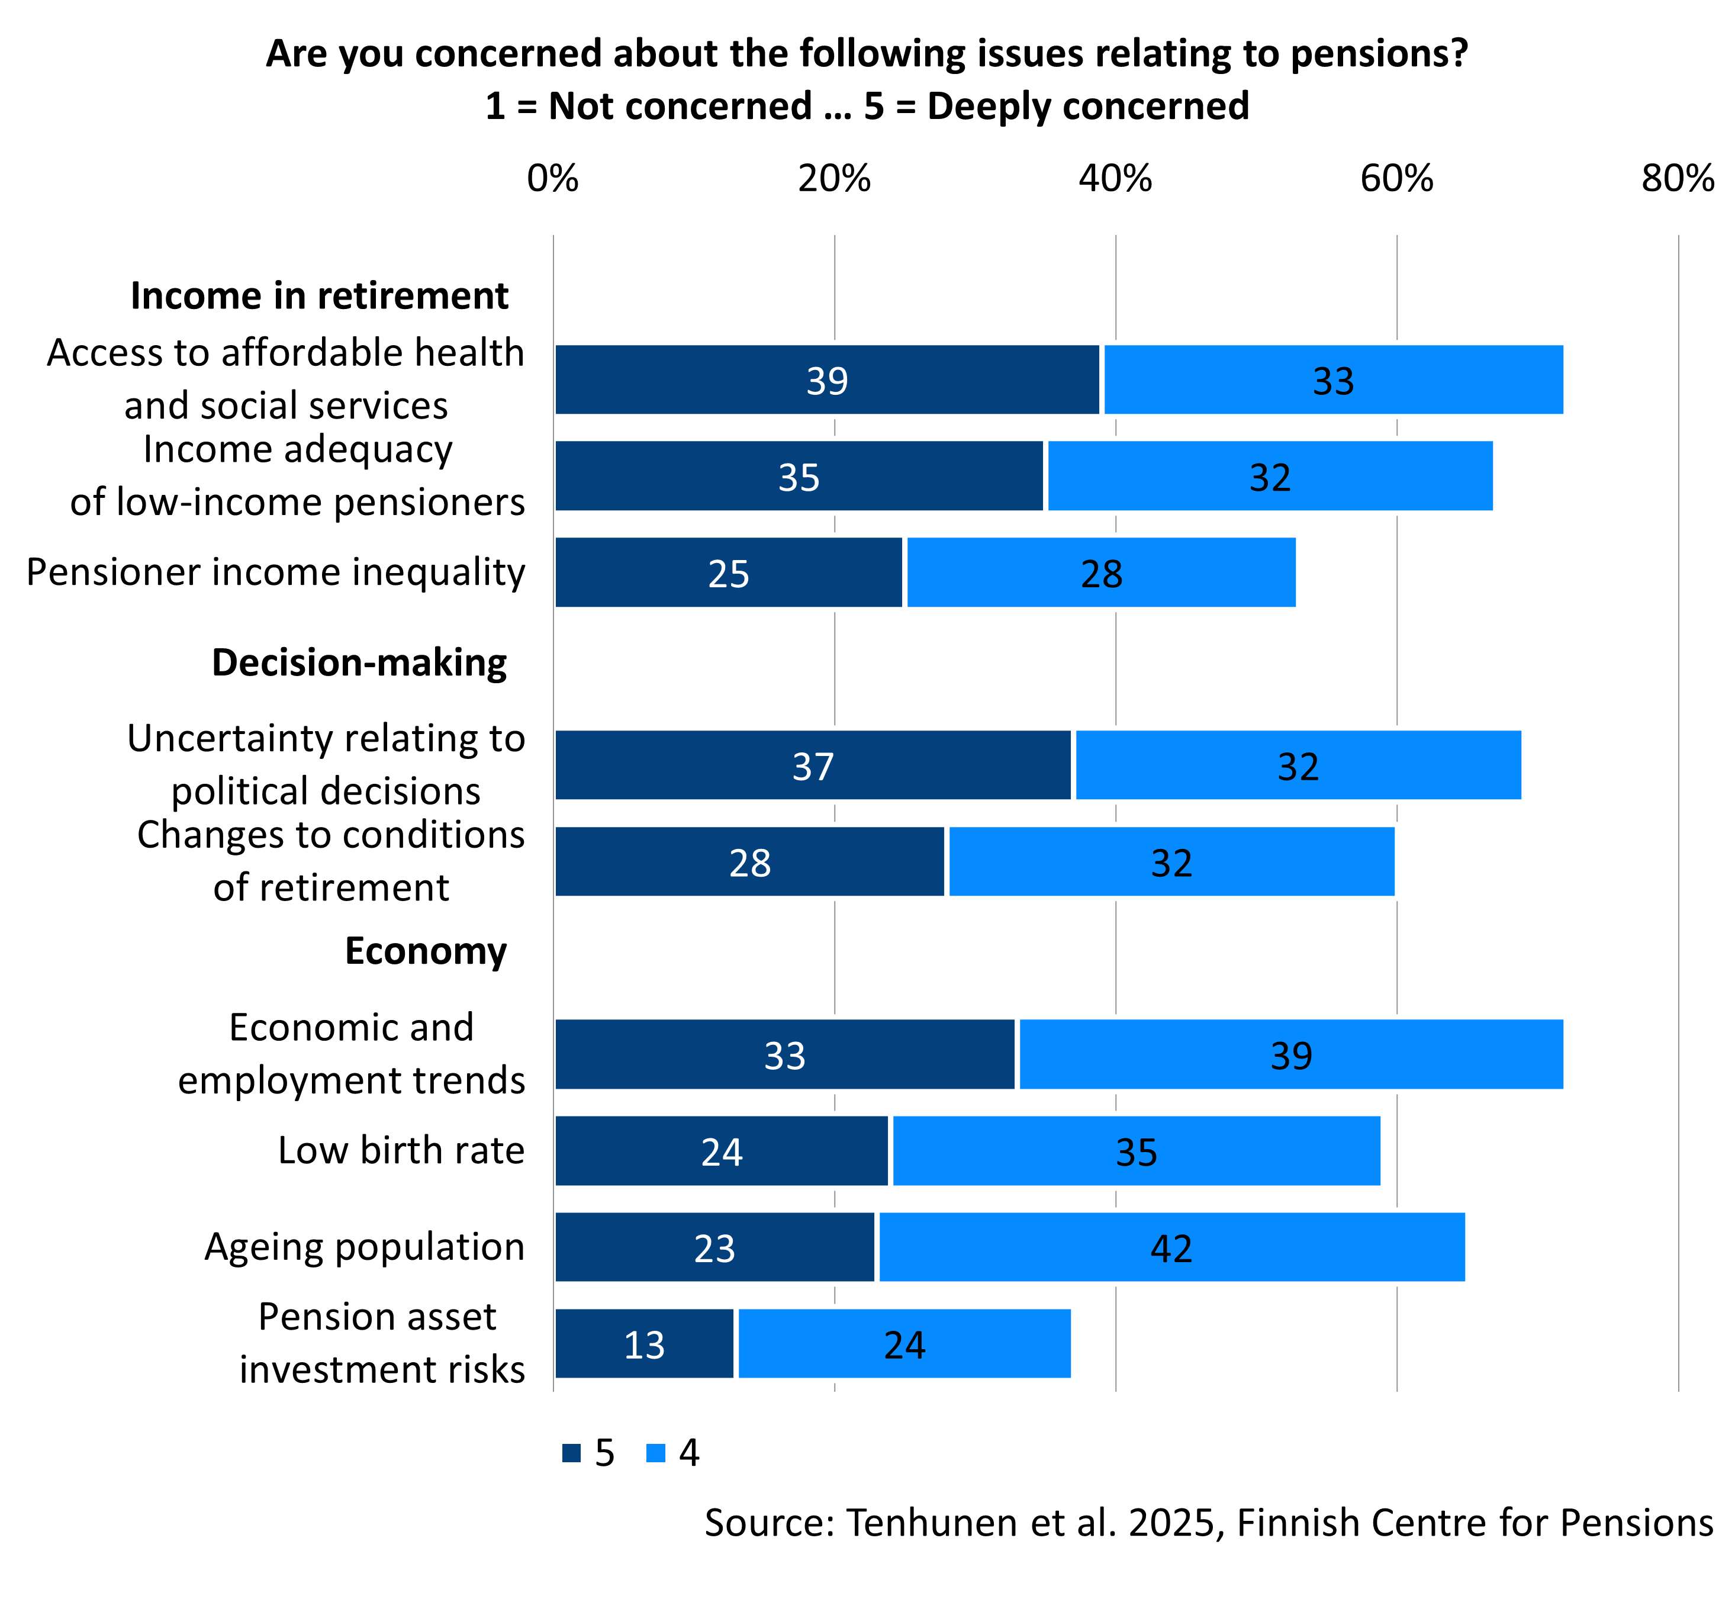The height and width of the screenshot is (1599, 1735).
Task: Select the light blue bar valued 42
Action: coord(1171,1247)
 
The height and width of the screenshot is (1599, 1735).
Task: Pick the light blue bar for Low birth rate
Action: coord(1136,1151)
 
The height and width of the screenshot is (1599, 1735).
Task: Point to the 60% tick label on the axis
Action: coord(1396,179)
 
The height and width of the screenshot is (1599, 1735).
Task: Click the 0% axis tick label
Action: coord(553,179)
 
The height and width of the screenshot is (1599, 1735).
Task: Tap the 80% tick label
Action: coord(1678,179)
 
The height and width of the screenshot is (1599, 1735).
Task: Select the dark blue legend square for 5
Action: coord(571,1453)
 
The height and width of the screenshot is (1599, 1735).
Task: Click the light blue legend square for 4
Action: coord(656,1453)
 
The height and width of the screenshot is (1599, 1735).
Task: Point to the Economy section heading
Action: coord(426,951)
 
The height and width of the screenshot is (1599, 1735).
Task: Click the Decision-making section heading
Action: coord(359,663)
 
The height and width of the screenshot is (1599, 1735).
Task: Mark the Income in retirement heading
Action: coord(319,296)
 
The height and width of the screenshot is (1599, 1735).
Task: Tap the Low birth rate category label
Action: coord(401,1151)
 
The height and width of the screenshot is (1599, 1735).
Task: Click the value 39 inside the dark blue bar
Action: coord(828,381)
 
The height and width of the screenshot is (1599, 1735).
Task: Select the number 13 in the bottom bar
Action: coord(645,1344)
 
